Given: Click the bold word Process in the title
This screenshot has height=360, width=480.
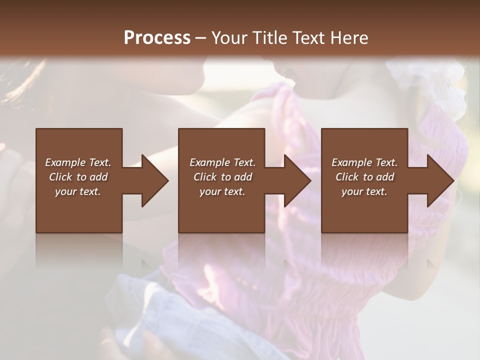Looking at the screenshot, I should (157, 38).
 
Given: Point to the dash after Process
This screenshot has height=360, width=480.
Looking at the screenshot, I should (201, 38).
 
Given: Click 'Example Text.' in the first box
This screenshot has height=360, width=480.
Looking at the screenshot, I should (78, 162).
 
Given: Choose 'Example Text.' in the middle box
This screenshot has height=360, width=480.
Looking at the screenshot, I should (222, 162).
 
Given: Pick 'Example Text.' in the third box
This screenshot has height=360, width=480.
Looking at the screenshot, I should (364, 162).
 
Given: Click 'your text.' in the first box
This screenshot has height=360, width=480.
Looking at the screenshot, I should (78, 191).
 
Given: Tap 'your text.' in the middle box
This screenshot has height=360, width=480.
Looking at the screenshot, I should (222, 191).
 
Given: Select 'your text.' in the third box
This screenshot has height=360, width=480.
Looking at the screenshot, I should (364, 191).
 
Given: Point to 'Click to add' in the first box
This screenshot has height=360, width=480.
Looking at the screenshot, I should (78, 177).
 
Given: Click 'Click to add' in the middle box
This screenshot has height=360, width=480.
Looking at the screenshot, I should (222, 177).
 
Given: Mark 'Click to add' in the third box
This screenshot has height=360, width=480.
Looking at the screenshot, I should (364, 177).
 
